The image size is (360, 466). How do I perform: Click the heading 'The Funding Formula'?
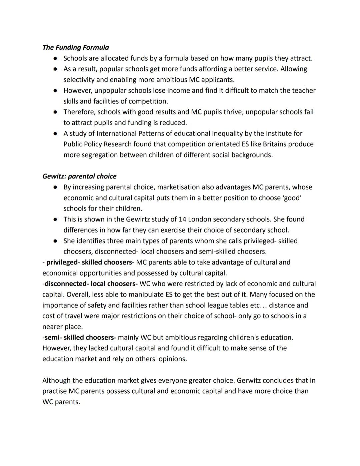click(x=76, y=47)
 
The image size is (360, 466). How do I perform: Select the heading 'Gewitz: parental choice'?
click(x=79, y=176)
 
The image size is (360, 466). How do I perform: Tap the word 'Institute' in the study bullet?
click(x=279, y=133)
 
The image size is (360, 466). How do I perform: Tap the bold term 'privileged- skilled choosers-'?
click(x=90, y=262)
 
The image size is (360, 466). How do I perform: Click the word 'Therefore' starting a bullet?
click(x=79, y=112)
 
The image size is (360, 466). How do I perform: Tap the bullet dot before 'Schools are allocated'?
click(x=55, y=58)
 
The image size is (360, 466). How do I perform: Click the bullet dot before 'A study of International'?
click(x=55, y=133)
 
